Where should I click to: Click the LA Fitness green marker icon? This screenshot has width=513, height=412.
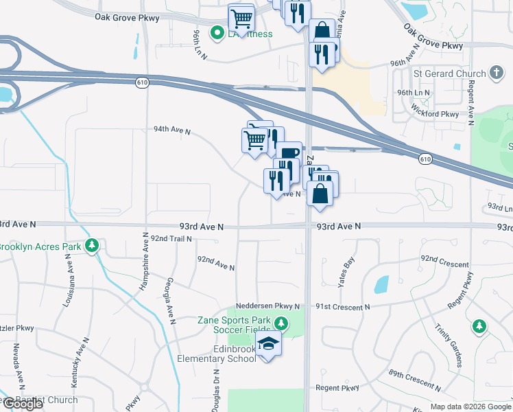(x=217, y=33)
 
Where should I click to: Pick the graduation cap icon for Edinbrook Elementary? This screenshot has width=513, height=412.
(x=269, y=343)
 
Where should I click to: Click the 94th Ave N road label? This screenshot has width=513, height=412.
(x=171, y=130)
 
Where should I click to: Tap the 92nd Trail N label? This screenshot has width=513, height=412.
(x=171, y=238)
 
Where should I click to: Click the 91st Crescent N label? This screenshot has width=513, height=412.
(x=342, y=307)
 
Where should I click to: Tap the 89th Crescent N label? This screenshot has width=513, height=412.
(x=414, y=377)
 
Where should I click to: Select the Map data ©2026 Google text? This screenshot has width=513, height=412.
(x=470, y=407)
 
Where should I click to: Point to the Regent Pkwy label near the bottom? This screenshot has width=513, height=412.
(x=337, y=388)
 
